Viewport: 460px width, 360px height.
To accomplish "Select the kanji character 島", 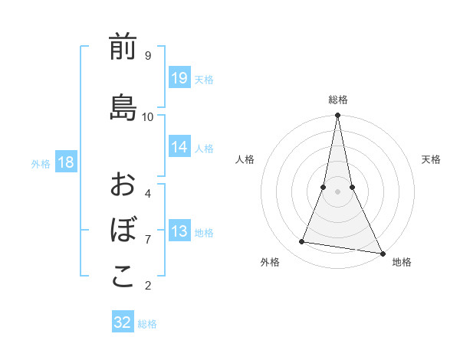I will coord(123,107).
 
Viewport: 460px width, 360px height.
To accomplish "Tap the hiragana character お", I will coord(123,185).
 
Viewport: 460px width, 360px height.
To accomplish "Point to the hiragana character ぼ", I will coord(123,229).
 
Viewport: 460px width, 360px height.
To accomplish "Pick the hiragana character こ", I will coord(123,277).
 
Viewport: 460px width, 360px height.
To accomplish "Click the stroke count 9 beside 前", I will coord(148,56).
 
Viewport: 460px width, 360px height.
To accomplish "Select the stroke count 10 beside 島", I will coord(148,116).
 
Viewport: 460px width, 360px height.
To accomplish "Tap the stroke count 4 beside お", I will coord(148,193).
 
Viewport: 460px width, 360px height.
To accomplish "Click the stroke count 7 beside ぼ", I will coord(148,239).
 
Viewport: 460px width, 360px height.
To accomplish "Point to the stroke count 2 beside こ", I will coord(148,286).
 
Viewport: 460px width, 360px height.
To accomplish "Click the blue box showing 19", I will coord(179,78).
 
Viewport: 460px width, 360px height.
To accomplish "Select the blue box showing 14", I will coord(179,147).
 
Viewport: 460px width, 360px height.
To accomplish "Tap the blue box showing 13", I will coord(179,231).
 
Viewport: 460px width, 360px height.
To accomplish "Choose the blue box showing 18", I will coord(65,162).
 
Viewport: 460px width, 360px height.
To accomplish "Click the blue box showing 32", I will coord(123,322).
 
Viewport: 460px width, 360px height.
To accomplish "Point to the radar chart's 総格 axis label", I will coord(338,100).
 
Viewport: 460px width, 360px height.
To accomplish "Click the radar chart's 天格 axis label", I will coord(431,159).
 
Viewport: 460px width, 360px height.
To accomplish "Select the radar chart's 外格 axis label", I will coord(270,262).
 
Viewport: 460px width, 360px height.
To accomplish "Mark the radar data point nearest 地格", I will coord(382,253).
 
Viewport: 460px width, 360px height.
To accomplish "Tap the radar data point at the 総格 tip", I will coord(337,116).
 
